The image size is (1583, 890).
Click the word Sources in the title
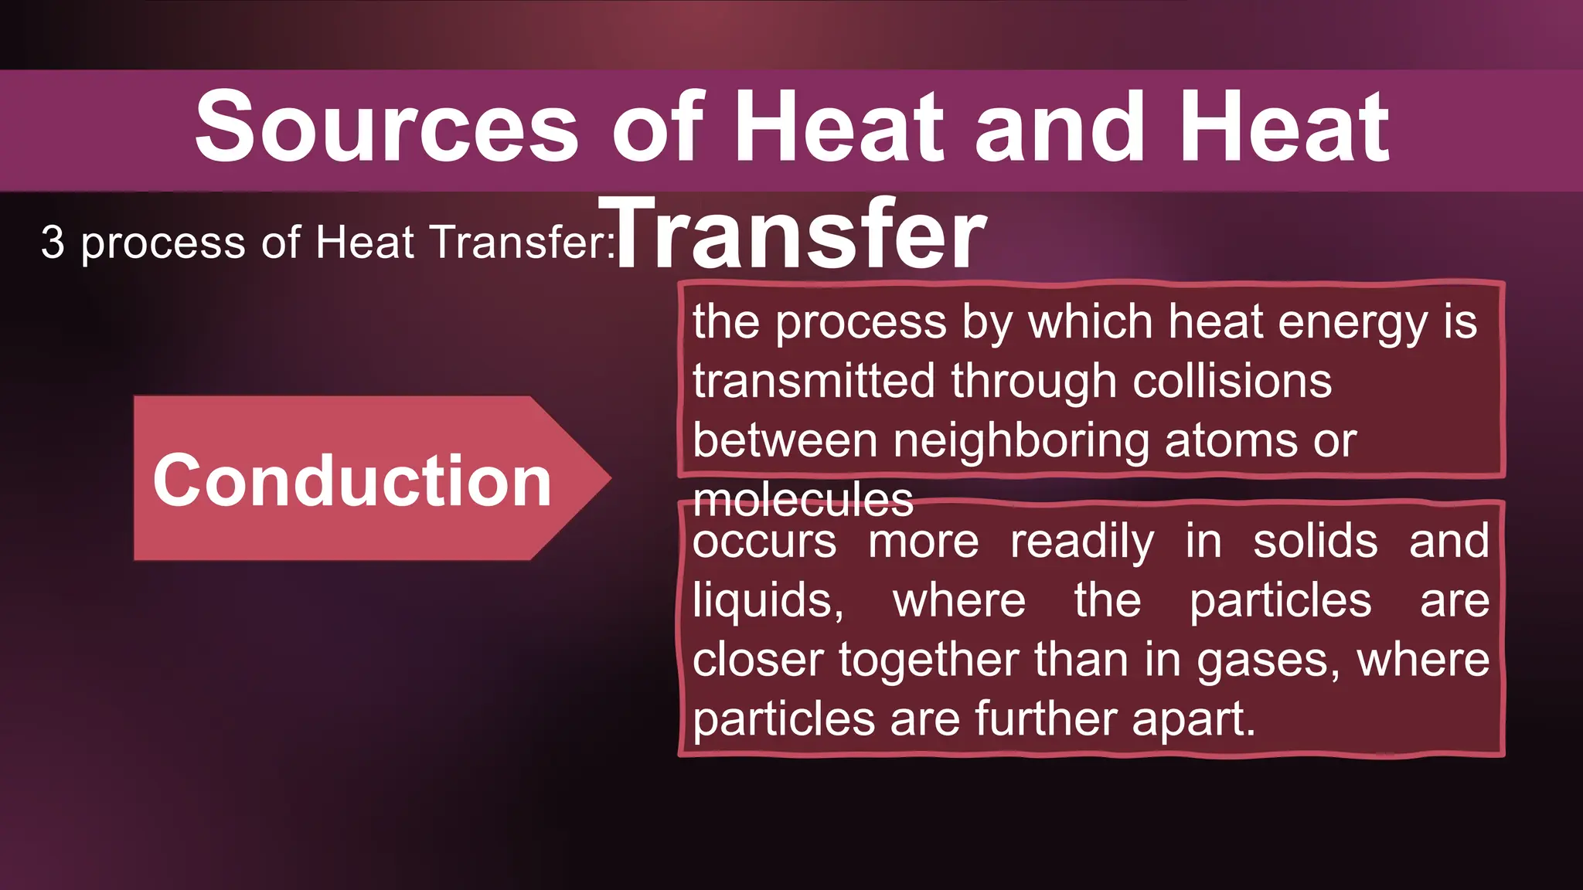tap(386, 127)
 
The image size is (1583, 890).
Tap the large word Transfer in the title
tap(793, 233)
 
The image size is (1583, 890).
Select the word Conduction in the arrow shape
tap(352, 481)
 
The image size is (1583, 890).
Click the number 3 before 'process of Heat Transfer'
tap(53, 242)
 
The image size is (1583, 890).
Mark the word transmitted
tap(813, 381)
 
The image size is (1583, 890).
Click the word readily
tap(1082, 542)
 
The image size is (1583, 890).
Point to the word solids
tap(1315, 542)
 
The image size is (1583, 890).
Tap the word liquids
tap(768, 600)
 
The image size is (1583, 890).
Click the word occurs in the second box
tap(764, 542)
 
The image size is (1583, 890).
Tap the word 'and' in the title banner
tap(1059, 127)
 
